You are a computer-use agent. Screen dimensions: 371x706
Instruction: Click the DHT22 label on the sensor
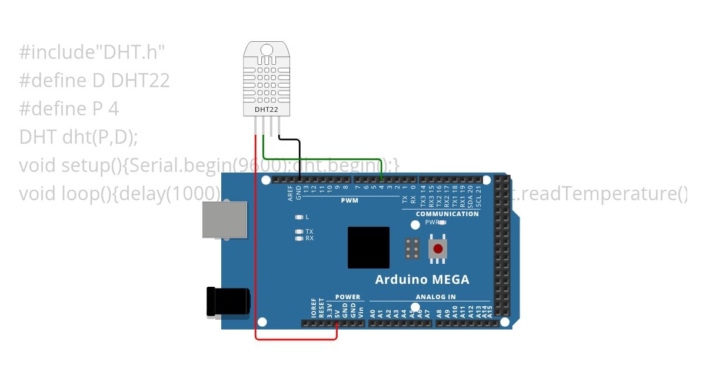[265, 110]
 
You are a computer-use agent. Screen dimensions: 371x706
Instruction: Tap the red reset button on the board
[437, 248]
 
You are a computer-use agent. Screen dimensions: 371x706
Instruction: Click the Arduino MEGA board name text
[422, 279]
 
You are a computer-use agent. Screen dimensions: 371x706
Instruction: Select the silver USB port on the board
[224, 220]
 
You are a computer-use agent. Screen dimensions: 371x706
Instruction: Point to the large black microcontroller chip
[368, 247]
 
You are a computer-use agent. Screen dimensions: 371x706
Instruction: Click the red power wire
[255, 247]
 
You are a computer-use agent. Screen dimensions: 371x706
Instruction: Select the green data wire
[324, 158]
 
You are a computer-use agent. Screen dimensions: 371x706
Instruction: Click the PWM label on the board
[349, 200]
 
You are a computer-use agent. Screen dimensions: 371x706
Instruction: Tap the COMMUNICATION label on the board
[447, 214]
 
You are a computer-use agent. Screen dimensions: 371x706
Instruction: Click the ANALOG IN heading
[435, 297]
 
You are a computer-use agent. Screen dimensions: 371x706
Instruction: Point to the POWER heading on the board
[347, 297]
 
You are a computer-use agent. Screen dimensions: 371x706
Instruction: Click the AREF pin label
[291, 193]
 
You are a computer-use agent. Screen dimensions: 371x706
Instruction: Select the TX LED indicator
[300, 231]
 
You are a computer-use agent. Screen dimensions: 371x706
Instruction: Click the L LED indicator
[300, 217]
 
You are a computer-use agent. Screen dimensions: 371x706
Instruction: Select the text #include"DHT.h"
[92, 52]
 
